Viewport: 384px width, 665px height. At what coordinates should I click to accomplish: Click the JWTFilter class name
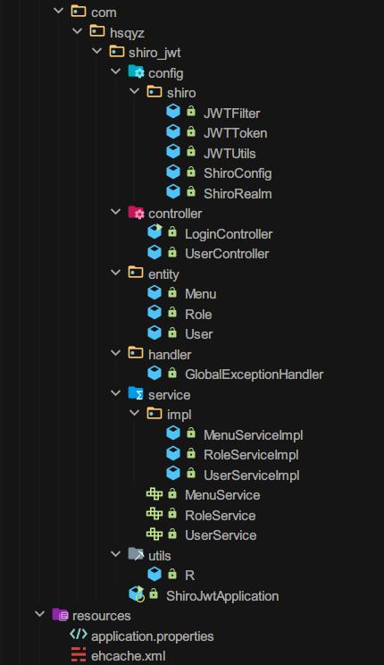[x=231, y=114]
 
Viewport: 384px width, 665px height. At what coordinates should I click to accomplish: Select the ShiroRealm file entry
[x=238, y=194]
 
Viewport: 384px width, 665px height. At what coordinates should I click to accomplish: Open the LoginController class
[x=229, y=233]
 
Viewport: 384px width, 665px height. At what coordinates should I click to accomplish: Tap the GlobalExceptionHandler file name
[x=254, y=374]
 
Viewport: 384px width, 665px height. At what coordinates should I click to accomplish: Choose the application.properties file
[x=152, y=636]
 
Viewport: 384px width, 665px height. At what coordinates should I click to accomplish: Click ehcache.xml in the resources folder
[x=128, y=656]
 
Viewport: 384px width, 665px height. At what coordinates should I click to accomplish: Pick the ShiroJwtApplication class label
[x=222, y=596]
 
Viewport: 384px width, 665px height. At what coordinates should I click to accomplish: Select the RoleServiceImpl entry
[x=251, y=455]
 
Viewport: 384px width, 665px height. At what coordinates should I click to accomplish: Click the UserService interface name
[x=221, y=535]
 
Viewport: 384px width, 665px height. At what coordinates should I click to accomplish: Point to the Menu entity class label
[x=200, y=294]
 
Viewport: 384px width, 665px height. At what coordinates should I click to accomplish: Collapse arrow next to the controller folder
[x=115, y=212]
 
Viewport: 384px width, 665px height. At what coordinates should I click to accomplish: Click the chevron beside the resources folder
[x=40, y=614]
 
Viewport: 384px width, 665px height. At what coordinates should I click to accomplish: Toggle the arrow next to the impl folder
[x=134, y=413]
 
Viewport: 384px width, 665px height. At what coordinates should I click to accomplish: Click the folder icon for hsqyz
[x=97, y=31]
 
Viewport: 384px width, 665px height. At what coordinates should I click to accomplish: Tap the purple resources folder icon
[x=60, y=614]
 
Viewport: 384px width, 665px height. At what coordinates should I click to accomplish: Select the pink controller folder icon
[x=136, y=212]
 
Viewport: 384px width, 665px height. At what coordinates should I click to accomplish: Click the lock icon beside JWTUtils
[x=191, y=151]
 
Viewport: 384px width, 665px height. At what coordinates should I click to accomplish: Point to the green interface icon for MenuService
[x=154, y=493]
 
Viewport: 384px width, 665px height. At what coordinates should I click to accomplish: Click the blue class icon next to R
[x=154, y=574]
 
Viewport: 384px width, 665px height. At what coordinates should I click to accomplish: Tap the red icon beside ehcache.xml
[x=79, y=654]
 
